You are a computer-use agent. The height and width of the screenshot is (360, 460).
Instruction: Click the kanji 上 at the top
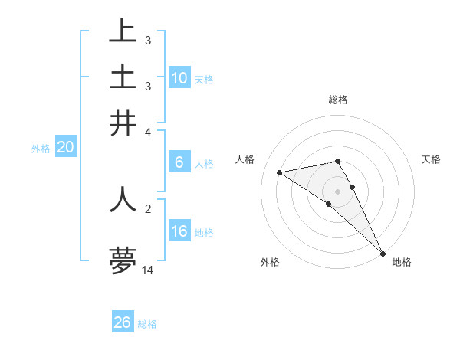pyautogui.click(x=123, y=33)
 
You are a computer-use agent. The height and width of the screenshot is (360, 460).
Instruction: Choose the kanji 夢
pyautogui.click(x=123, y=261)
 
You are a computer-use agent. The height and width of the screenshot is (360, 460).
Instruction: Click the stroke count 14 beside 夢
pyautogui.click(x=148, y=270)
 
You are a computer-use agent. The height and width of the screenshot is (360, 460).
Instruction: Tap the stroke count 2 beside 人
pyautogui.click(x=148, y=207)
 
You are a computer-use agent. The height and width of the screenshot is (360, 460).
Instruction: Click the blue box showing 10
pyautogui.click(x=179, y=78)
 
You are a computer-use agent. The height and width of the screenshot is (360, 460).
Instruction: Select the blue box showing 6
pyautogui.click(x=179, y=162)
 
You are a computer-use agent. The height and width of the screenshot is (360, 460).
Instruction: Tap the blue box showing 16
pyautogui.click(x=179, y=231)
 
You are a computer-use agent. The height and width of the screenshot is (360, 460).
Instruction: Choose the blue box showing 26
pyautogui.click(x=122, y=322)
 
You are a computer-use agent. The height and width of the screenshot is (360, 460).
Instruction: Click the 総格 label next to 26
pyautogui.click(x=147, y=324)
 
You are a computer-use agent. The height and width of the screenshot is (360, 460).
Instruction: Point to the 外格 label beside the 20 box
pyautogui.click(x=40, y=149)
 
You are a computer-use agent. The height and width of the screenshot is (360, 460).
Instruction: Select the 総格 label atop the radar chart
pyautogui.click(x=337, y=100)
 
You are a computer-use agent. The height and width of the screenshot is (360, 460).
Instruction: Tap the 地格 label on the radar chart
pyautogui.click(x=402, y=262)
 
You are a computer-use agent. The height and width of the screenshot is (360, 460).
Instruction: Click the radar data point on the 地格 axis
pyautogui.click(x=383, y=253)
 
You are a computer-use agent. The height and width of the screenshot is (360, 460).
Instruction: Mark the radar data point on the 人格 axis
pyautogui.click(x=280, y=172)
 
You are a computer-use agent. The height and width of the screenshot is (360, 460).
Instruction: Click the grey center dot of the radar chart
pyautogui.click(x=337, y=191)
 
